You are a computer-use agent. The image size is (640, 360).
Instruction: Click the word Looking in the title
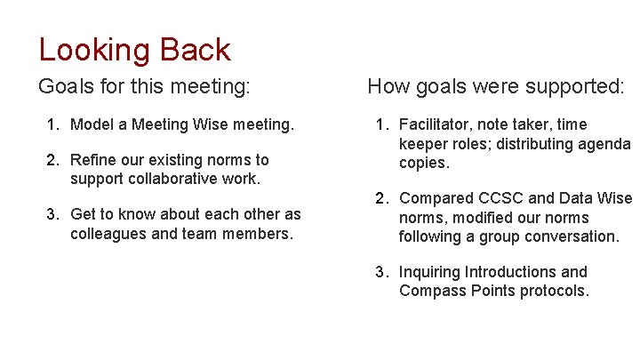pyautogui.click(x=95, y=50)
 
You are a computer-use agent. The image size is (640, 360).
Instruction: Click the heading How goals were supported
pyautogui.click(x=496, y=87)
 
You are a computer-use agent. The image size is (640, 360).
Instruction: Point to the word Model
pyautogui.click(x=92, y=124)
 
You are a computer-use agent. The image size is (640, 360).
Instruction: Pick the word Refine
pyautogui.click(x=94, y=160)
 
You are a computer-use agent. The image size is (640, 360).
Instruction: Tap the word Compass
pyautogui.click(x=433, y=291)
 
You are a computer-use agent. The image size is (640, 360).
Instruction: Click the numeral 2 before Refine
pyautogui.click(x=52, y=160)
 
